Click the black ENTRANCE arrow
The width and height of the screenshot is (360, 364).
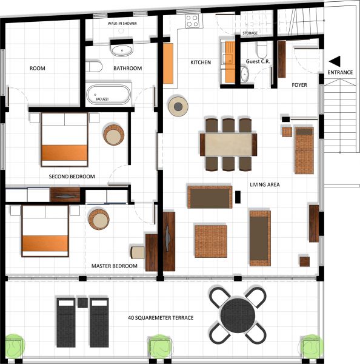335,61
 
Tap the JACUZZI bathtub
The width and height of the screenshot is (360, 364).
108,95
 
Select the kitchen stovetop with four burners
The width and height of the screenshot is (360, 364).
192,21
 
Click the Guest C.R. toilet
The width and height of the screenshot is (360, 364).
262,49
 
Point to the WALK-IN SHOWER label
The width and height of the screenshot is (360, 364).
122,24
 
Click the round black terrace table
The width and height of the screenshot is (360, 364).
238,315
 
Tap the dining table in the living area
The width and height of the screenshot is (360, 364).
228,144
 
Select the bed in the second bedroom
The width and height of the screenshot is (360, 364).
64,140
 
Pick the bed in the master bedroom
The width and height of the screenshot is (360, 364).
45,231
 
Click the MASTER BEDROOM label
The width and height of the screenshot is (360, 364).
115,266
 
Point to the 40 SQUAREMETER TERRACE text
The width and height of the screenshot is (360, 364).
161,317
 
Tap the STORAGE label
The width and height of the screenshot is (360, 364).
250,33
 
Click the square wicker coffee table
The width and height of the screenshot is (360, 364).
211,241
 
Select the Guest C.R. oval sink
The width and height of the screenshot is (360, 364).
244,74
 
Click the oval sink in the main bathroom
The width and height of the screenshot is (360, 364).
122,50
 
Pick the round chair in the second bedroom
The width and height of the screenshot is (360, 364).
114,135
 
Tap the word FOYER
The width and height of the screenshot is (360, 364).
299,85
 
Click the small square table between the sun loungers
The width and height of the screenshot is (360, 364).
82,303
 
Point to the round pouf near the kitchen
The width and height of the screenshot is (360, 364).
178,107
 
